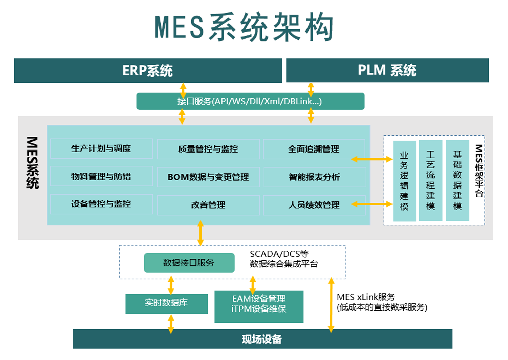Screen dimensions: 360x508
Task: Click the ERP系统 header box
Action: [148, 71]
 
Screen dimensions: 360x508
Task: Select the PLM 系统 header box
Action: [387, 70]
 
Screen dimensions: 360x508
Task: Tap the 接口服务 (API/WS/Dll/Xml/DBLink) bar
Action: [250, 101]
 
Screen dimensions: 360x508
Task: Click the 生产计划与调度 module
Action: [101, 148]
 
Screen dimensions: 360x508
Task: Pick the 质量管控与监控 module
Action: [208, 149]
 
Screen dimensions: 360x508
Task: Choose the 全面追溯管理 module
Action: [314, 149]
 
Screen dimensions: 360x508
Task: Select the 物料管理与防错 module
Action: [101, 176]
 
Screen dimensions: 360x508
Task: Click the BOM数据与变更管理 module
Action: [208, 177]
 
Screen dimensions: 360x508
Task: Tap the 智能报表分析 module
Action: [314, 177]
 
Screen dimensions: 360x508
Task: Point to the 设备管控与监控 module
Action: [101, 204]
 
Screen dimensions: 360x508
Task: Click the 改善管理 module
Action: [208, 205]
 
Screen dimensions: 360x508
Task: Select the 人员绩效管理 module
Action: [314, 205]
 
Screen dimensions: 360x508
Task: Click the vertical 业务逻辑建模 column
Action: [404, 181]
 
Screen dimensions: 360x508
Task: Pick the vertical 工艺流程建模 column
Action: [430, 181]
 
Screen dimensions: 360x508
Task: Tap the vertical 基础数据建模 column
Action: [457, 181]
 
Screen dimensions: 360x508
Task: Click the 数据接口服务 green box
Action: [189, 263]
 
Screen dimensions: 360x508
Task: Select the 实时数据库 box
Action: [166, 303]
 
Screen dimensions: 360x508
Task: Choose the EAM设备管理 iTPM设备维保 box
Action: [259, 306]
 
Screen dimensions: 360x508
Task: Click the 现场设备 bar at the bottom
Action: [262, 339]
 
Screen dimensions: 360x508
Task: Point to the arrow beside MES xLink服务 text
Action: [331, 305]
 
